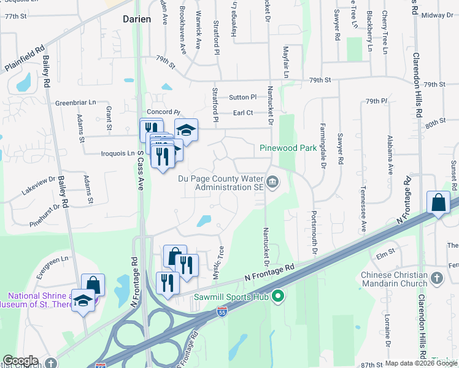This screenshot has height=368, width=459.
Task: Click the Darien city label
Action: pyautogui.click(x=136, y=19)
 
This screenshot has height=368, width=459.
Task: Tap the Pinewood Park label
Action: pyautogui.click(x=288, y=148)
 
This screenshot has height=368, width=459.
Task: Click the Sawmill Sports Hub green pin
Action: pyautogui.click(x=278, y=297)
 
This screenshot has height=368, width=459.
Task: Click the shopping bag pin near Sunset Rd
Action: pyautogui.click(x=439, y=202)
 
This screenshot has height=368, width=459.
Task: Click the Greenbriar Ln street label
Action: pyautogui.click(x=76, y=102)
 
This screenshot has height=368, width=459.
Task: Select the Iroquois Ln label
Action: pyautogui.click(x=117, y=153)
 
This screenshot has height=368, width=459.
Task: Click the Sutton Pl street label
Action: pyautogui.click(x=242, y=97)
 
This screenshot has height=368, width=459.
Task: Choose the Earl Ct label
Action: pyautogui.click(x=243, y=113)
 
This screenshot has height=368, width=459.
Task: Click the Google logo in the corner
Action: pyautogui.click(x=20, y=361)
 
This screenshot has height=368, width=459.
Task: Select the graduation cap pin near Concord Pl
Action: pyautogui.click(x=187, y=129)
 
